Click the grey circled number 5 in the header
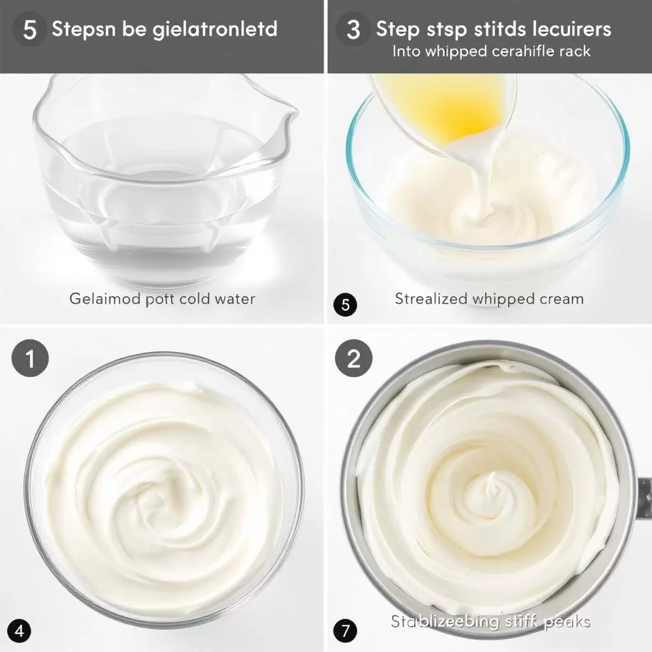click(x=29, y=30)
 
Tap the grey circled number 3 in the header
click(x=353, y=30)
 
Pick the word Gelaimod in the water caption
click(x=99, y=299)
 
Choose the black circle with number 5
click(x=345, y=305)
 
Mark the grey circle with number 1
click(x=29, y=360)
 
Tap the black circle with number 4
click(x=20, y=632)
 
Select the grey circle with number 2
click(x=353, y=360)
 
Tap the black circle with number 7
click(x=344, y=632)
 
